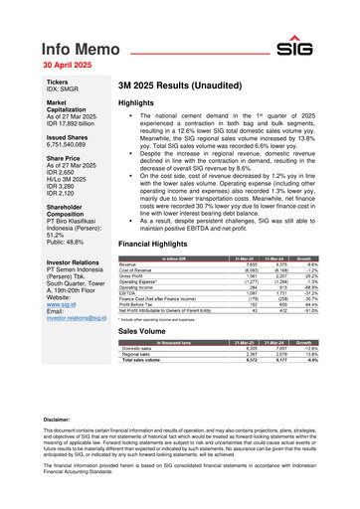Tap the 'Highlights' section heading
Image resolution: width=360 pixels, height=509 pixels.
138,103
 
